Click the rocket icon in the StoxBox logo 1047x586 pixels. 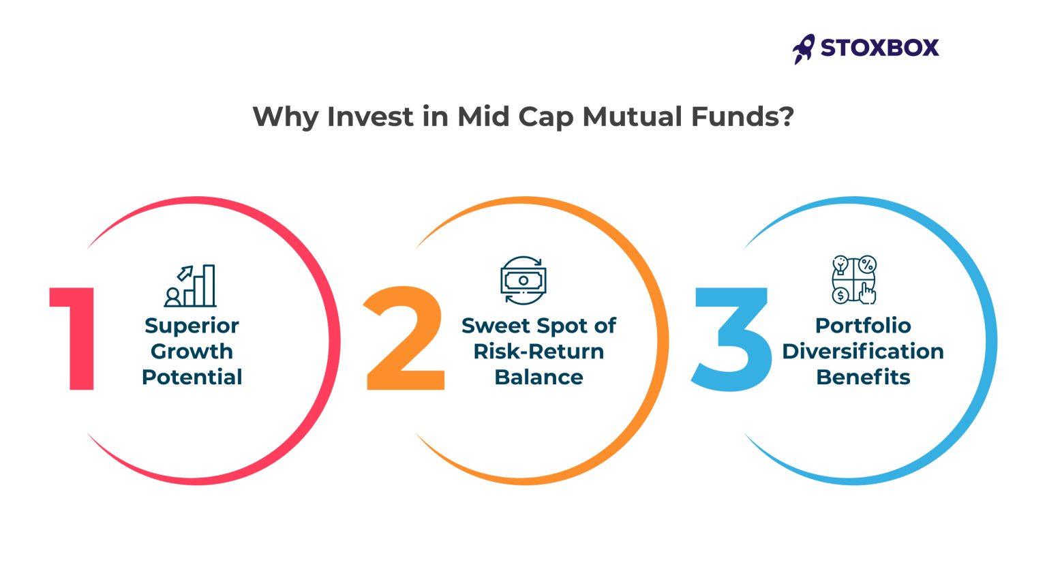click(804, 48)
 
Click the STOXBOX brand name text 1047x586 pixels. click(879, 48)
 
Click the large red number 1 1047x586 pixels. click(74, 339)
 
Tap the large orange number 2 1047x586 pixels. click(405, 339)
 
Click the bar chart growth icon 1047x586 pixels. click(190, 286)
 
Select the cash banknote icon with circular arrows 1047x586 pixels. click(523, 280)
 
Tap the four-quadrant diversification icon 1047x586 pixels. click(853, 279)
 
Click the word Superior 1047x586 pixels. click(192, 326)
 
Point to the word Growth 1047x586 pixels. click(192, 352)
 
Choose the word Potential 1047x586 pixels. click(192, 377)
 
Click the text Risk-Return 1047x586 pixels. click(538, 352)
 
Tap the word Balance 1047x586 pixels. click(538, 377)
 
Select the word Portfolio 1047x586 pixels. click(863, 326)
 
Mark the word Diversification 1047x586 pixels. click(863, 352)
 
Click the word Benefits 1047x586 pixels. click(863, 377)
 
